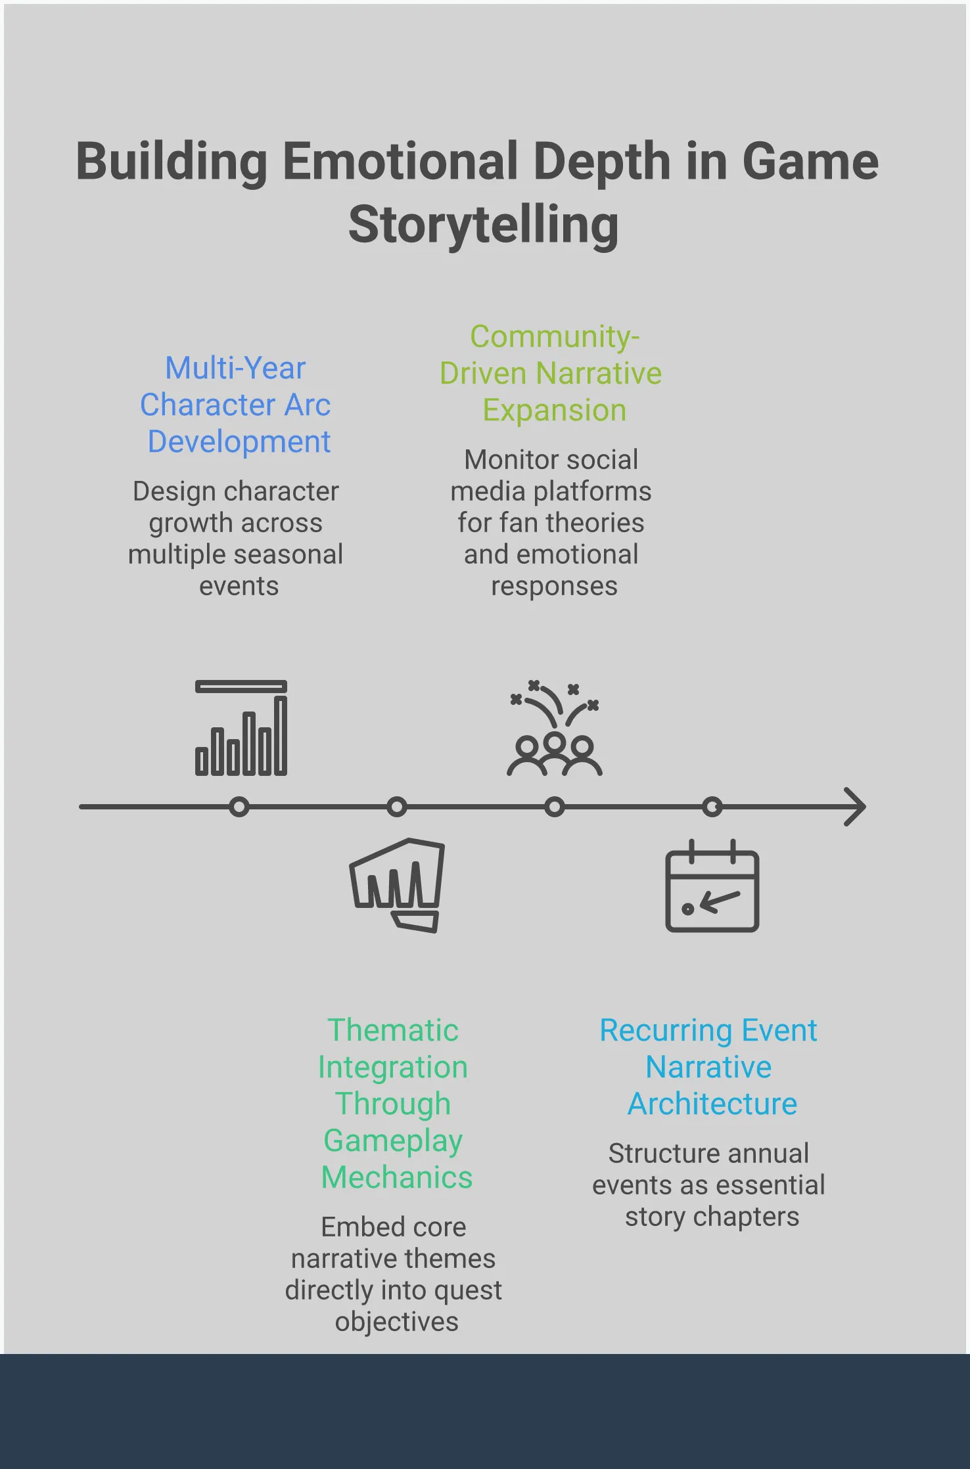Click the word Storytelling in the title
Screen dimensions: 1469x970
484,225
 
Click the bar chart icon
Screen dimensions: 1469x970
241,728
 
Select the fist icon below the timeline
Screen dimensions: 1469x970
397,884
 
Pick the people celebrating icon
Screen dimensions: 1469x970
555,729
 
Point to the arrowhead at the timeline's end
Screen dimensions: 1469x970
856,806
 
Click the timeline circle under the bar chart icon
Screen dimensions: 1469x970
240,806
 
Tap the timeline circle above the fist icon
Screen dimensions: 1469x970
397,806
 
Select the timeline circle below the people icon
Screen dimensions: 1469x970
555,806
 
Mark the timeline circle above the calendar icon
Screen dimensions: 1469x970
712,806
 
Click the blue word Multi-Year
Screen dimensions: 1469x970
235,368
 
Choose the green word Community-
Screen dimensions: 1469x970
555,337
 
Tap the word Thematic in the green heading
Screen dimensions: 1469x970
393,1030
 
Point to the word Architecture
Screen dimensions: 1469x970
712,1104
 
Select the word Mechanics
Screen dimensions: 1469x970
397,1177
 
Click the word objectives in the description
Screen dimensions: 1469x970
397,1322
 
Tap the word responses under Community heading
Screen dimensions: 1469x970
555,586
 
